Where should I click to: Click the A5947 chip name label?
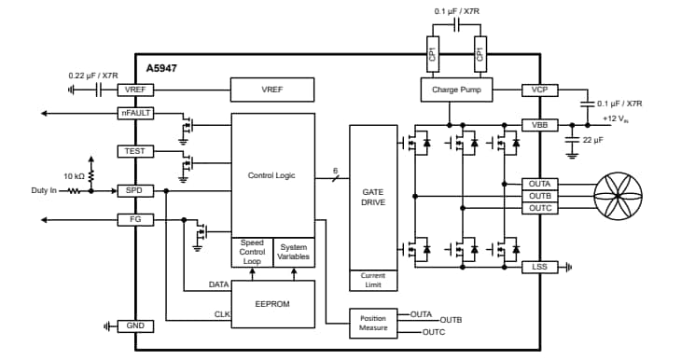pyautogui.click(x=161, y=69)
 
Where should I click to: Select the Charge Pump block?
pyautogui.click(x=455, y=90)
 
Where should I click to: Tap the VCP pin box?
pyautogui.click(x=539, y=90)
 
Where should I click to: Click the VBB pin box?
pyautogui.click(x=539, y=124)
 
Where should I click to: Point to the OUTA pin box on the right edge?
pyautogui.click(x=539, y=184)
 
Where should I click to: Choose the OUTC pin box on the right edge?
pyautogui.click(x=539, y=207)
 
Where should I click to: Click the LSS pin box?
pyautogui.click(x=539, y=267)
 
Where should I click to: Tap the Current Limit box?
pyautogui.click(x=372, y=279)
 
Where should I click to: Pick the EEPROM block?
pyautogui.click(x=272, y=303)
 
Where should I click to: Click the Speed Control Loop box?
pyautogui.click(x=252, y=252)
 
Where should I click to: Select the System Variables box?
pyautogui.click(x=293, y=252)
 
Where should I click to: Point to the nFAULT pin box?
pyautogui.click(x=135, y=113)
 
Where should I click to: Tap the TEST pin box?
pyautogui.click(x=135, y=151)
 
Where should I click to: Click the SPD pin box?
pyautogui.click(x=135, y=190)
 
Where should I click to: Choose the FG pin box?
pyautogui.click(x=135, y=220)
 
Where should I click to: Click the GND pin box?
pyautogui.click(x=135, y=325)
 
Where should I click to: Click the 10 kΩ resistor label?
pyautogui.click(x=75, y=175)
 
